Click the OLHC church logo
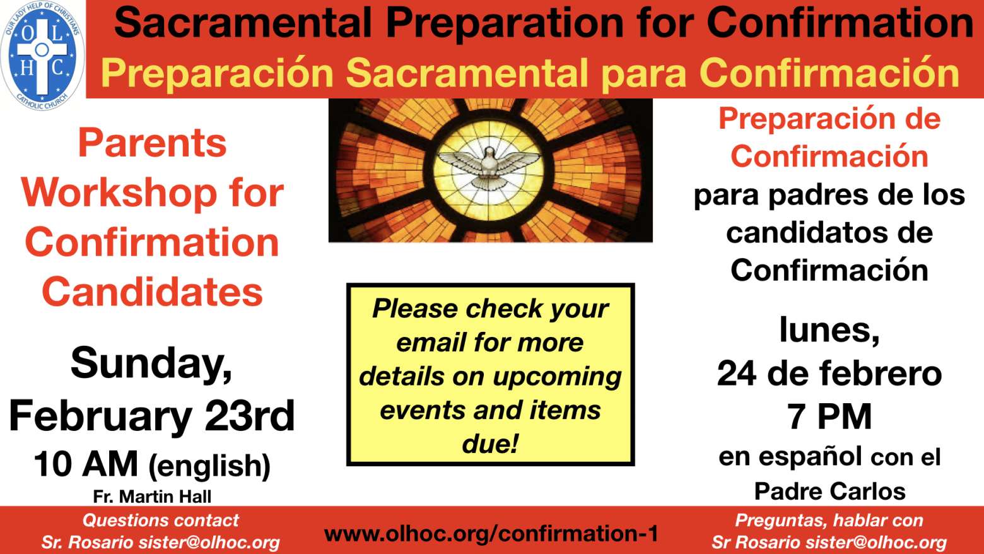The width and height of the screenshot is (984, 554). coord(42,56)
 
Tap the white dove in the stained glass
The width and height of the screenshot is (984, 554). coord(489,167)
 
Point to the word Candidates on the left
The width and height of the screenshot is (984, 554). coord(152,292)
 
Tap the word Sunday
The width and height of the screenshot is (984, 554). coord(151,364)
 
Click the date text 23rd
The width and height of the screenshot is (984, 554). coord(250,415)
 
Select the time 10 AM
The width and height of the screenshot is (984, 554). coord(86,464)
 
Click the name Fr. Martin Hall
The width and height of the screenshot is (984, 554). coord(152,497)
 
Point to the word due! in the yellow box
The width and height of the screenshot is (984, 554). coord(490,444)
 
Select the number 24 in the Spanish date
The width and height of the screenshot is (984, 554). coord(736,374)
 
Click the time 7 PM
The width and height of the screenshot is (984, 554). coord(829,416)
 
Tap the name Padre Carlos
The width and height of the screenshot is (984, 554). coord(830,491)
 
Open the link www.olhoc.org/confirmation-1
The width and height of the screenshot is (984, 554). coord(491,534)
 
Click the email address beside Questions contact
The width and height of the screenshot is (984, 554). coord(209,543)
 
